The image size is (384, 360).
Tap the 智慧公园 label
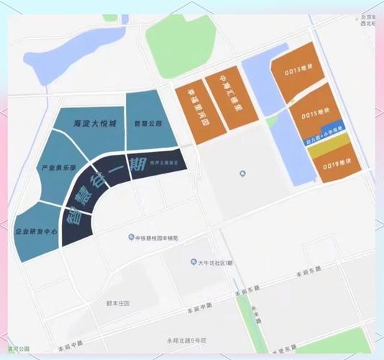pyautogui.click(x=145, y=123)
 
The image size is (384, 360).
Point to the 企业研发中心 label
pyautogui.click(x=36, y=232)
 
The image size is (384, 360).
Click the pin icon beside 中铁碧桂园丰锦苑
pyautogui.click(x=130, y=237)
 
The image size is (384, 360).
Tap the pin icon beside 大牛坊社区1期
pyautogui.click(x=193, y=263)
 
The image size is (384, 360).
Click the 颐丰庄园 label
pyautogui.click(x=116, y=303)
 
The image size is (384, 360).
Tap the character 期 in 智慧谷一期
pyautogui.click(x=137, y=162)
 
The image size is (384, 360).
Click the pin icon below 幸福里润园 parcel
pyautogui.click(x=242, y=172)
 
